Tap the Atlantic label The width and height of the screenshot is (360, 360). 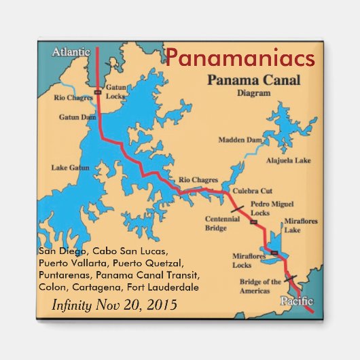pos(71,52)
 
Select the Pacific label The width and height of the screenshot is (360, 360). pos(297,300)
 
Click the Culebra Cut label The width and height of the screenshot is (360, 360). pos(252,191)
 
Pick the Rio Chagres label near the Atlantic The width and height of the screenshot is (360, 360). pos(73,97)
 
